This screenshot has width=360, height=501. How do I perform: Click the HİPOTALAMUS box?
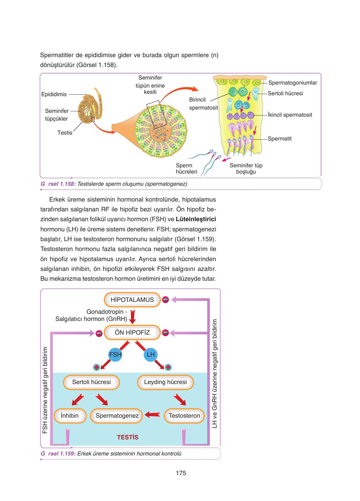tap(132, 300)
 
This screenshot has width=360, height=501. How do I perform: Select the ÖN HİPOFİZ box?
tap(132, 333)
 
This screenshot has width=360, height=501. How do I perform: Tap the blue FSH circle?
tap(115, 355)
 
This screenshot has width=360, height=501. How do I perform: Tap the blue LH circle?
tap(151, 355)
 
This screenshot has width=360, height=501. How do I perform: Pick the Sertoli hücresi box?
tap(91, 382)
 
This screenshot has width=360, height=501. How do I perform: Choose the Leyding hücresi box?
tap(165, 382)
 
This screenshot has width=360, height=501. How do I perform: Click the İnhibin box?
tap(70, 416)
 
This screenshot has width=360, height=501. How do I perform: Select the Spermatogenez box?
tap(117, 416)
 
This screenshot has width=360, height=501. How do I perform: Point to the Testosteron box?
tap(184, 416)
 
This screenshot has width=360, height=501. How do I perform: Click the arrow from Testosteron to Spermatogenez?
tap(153, 414)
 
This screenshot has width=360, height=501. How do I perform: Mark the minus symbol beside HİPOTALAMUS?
tap(165, 300)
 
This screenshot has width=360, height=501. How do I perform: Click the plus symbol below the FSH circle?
tap(96, 367)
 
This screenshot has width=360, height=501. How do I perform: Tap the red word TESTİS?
tap(128, 437)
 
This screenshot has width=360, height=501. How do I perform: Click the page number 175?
tap(181, 473)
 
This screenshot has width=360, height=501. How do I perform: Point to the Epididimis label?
tap(54, 94)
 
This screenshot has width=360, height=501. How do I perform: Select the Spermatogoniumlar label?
tap(293, 83)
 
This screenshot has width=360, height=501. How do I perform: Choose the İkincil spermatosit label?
tap(290, 115)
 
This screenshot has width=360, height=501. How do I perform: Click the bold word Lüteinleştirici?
tap(196, 219)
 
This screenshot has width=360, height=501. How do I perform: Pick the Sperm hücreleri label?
tap(187, 169)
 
